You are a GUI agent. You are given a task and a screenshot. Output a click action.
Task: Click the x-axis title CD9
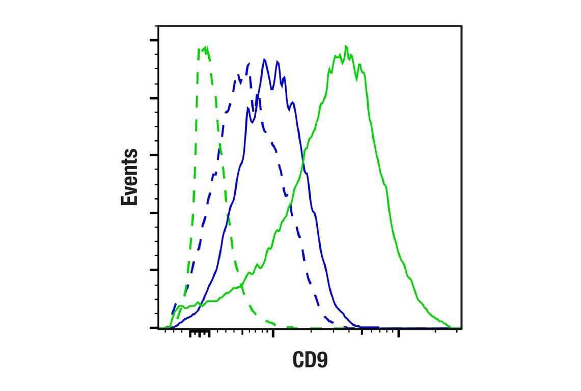tap(310, 360)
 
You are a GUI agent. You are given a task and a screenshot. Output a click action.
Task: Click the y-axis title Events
tap(130, 177)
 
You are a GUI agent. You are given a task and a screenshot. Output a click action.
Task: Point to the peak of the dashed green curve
tap(205, 47)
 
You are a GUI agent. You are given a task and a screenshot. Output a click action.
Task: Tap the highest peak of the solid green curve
tap(346, 47)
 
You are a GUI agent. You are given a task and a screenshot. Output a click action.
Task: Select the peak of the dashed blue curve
tap(248, 64)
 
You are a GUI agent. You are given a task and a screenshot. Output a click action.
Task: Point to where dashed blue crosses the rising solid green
tap(291, 204)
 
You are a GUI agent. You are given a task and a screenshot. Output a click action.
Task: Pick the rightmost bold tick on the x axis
tap(399, 333)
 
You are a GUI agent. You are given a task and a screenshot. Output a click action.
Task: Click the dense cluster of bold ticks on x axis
tap(200, 333)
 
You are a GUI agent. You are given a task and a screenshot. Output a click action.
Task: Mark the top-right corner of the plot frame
tap(462, 25)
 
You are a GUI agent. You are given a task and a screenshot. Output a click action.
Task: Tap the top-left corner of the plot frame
tap(158, 25)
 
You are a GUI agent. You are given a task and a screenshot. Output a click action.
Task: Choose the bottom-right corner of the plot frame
tap(462, 328)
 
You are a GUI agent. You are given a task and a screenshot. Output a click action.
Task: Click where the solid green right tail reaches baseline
tap(451, 327)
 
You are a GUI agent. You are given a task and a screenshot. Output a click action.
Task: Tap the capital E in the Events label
tap(130, 199)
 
